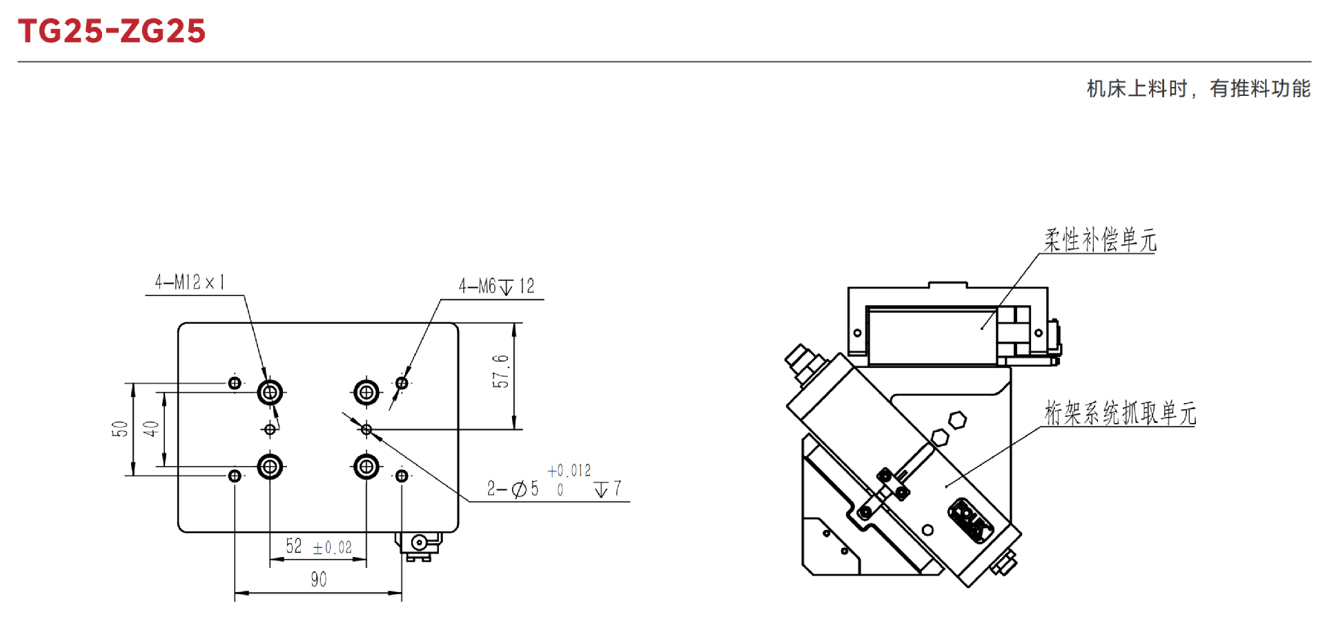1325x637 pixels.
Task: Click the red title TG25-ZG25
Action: pos(112,31)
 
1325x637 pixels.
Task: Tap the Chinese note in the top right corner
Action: pos(1198,88)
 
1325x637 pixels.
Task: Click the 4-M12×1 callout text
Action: pos(190,282)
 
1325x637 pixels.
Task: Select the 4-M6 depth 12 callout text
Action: pos(496,286)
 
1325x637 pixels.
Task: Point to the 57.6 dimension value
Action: pos(500,371)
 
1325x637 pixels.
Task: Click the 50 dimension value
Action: pos(120,429)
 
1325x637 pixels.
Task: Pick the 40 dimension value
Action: pos(151,429)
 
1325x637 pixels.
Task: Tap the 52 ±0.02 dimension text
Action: pos(319,547)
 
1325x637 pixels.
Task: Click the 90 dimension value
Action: pos(318,579)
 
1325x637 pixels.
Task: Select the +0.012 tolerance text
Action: pos(569,471)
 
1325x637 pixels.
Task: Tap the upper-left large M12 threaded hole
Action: pos(270,393)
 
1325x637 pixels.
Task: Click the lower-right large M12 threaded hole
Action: pos(366,467)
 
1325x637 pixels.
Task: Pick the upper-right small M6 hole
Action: pos(402,382)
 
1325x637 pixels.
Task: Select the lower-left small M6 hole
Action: pos(235,476)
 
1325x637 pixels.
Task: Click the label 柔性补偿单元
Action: pos(1099,240)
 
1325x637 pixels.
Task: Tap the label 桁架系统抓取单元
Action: pos(1119,413)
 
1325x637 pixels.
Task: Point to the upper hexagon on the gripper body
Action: pos(957,420)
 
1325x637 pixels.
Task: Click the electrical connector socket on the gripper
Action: pos(970,520)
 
